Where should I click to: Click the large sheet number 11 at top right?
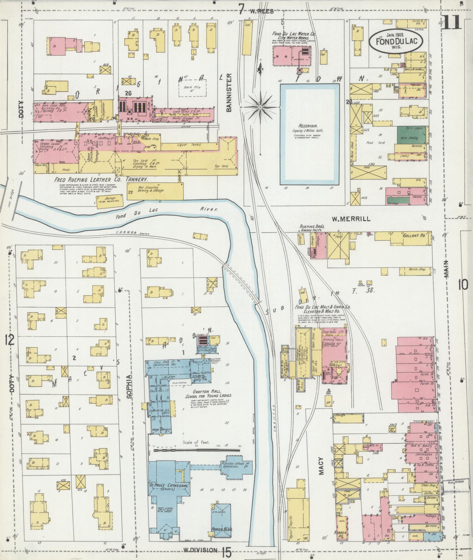[452, 22]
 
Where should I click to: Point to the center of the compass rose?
[260, 107]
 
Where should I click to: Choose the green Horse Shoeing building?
[411, 138]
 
